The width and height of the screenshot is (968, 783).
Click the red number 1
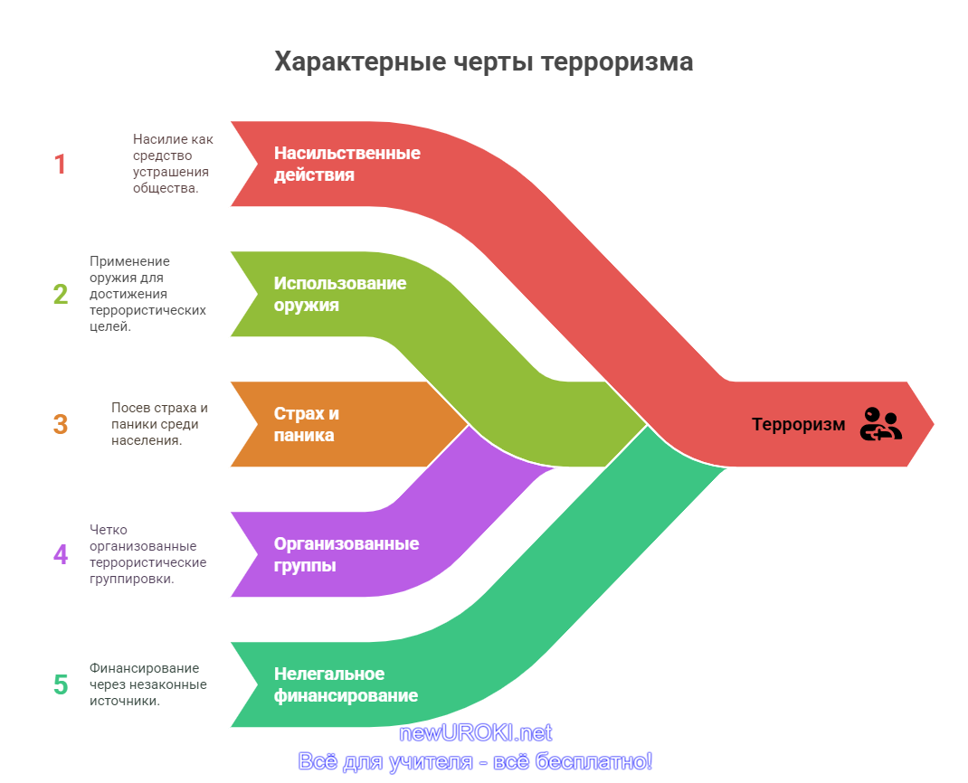click(x=60, y=165)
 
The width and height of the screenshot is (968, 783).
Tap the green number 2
click(x=61, y=295)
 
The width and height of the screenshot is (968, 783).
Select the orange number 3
click(x=61, y=425)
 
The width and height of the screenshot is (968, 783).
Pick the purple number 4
click(x=61, y=555)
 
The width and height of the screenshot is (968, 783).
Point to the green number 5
click(x=61, y=684)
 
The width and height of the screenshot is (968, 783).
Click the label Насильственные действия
click(x=347, y=165)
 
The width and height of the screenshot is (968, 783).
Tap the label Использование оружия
click(x=340, y=295)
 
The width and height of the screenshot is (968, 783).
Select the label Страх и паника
click(x=306, y=425)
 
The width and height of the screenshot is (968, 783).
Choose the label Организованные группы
click(x=346, y=555)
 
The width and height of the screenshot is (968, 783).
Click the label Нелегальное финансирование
click(x=346, y=684)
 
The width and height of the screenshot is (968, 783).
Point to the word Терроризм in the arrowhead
click(x=798, y=425)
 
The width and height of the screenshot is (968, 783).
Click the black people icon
click(x=881, y=424)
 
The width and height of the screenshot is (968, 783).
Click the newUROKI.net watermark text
click(x=475, y=733)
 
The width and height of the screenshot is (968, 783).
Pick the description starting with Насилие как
click(x=173, y=164)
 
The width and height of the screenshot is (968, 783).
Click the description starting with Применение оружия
click(x=148, y=294)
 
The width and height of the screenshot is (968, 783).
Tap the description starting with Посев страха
click(x=159, y=424)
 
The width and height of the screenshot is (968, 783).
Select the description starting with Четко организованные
click(x=148, y=554)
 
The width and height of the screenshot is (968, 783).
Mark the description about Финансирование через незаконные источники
click(x=148, y=684)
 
